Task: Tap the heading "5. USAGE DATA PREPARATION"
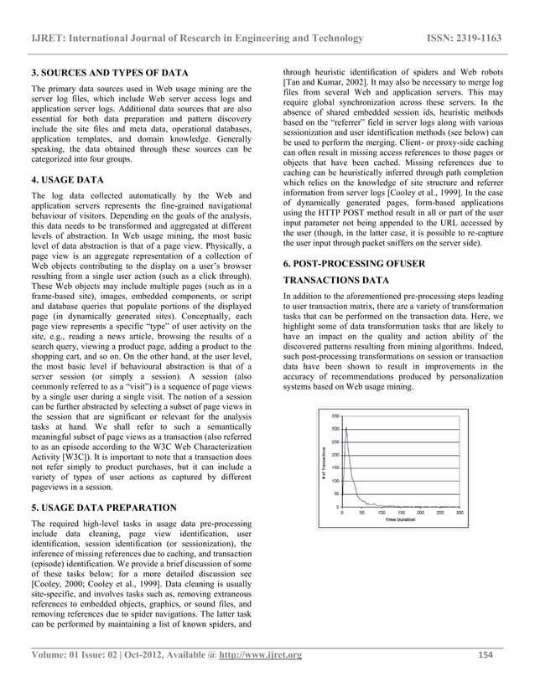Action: (103, 508)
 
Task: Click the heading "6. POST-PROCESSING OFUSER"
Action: (353, 264)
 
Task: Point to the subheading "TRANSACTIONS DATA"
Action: (336, 280)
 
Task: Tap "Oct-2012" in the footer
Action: (138, 654)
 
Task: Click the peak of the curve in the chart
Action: (346, 428)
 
